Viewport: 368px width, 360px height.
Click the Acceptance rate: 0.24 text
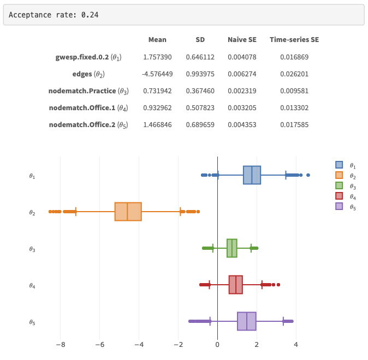[54, 15]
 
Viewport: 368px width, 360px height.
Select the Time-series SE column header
[294, 40]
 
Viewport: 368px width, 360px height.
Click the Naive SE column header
[242, 40]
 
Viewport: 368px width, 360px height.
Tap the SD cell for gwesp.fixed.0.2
[200, 57]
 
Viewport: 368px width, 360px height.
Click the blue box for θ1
[252, 175]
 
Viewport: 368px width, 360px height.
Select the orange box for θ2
[128, 212]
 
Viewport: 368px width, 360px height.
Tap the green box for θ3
[232, 248]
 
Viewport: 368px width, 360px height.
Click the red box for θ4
[235, 285]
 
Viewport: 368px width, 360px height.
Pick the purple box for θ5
[246, 321]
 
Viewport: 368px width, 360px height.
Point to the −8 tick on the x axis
[60, 345]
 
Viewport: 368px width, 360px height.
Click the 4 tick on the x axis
[296, 345]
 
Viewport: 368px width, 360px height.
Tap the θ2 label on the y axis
[32, 213]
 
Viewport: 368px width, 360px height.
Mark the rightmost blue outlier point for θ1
[308, 175]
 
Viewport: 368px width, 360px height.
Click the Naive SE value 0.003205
[242, 107]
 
